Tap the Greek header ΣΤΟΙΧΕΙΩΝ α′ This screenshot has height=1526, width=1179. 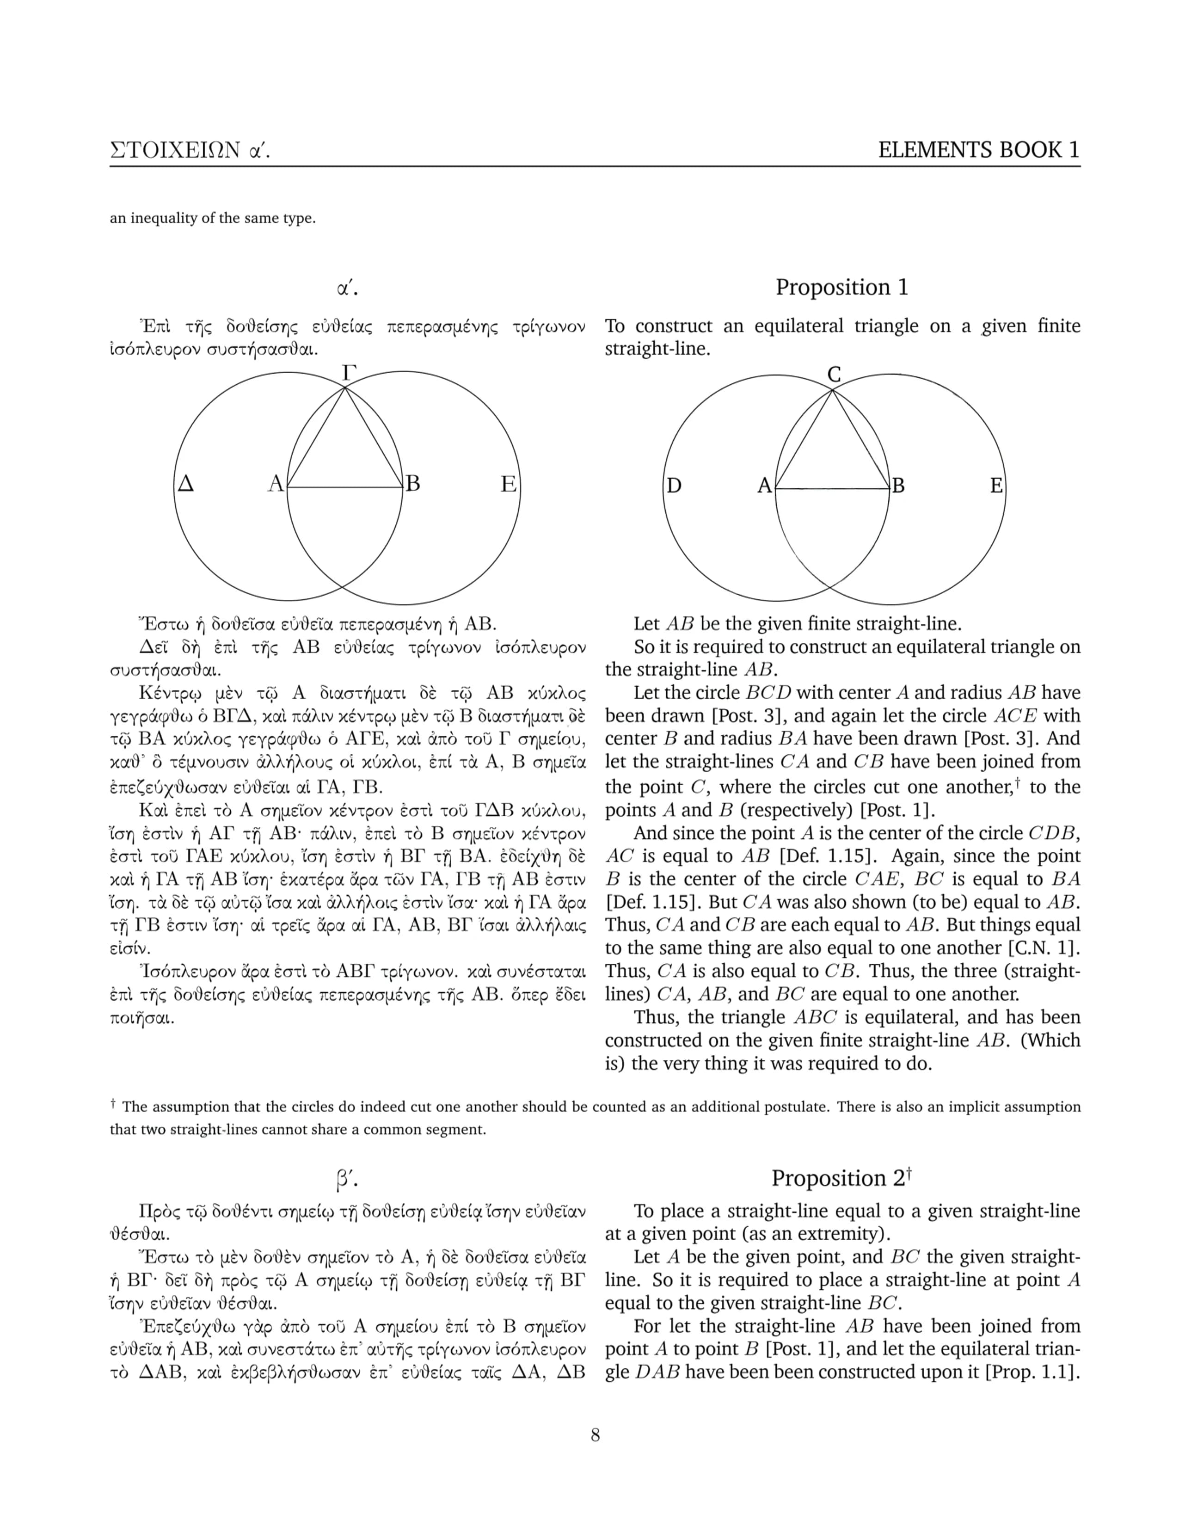[x=189, y=150]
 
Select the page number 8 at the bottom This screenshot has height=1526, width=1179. [x=595, y=1435]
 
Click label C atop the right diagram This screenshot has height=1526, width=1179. [x=834, y=375]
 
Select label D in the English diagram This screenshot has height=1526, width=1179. [x=673, y=485]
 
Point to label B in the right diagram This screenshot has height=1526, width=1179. [x=898, y=485]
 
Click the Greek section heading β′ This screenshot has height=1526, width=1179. [x=346, y=1180]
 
